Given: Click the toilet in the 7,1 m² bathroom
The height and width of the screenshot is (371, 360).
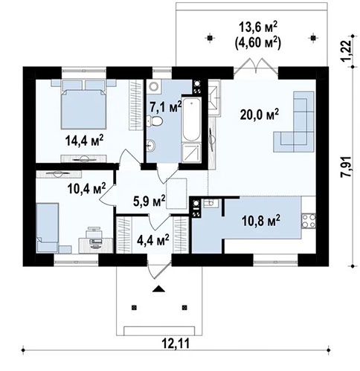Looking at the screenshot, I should [x=152, y=145].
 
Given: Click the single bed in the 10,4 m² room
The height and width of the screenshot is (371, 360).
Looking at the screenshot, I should [x=48, y=228].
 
